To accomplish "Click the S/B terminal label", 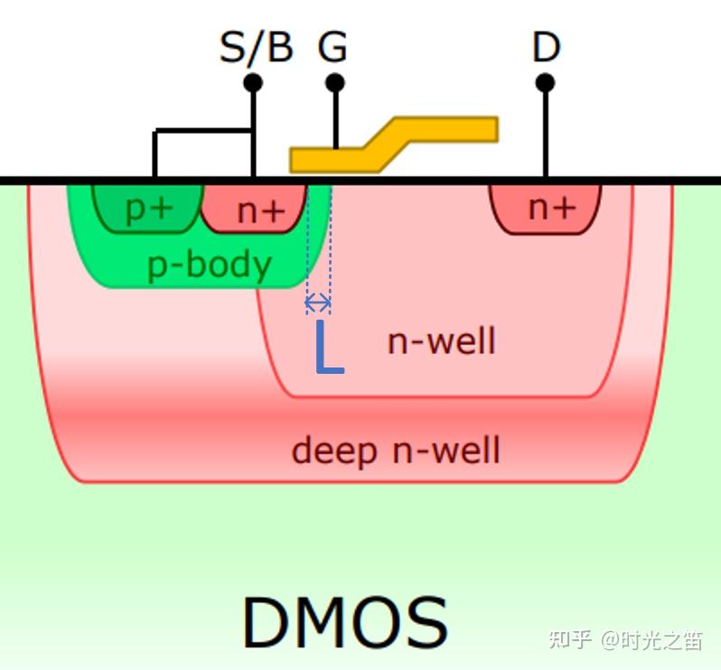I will point(256,47).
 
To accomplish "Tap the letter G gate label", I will point(332,47).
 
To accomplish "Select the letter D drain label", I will point(546,47).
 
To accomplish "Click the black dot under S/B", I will point(254,83).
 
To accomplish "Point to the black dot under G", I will point(335,83).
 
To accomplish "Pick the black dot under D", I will point(545,83).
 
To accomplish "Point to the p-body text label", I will point(209,265).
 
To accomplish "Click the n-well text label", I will point(441,341).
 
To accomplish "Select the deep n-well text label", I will point(395,450).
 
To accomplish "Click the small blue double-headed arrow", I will point(318,303).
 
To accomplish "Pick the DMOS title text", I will point(344,623).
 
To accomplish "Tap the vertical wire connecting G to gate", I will point(335,117).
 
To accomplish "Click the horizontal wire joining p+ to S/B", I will point(203,132).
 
